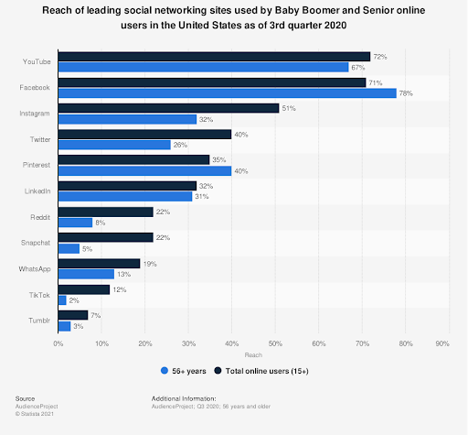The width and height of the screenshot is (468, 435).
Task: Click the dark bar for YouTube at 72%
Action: point(214,57)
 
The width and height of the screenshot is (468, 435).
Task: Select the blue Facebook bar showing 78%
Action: point(227,92)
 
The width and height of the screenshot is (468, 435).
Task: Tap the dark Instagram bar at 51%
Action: point(168,108)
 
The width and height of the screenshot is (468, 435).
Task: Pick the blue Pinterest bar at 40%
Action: point(144,170)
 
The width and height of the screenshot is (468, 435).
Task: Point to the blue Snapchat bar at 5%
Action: point(69,247)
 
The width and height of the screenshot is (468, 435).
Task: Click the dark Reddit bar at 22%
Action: point(105,212)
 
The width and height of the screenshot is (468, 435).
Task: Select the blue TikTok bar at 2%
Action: point(61,299)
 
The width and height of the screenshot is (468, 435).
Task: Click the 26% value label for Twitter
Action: point(180,145)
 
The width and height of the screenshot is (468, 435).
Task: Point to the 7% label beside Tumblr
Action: point(95,314)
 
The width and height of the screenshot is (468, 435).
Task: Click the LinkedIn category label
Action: point(37,190)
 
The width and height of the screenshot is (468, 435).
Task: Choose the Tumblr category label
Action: point(39,320)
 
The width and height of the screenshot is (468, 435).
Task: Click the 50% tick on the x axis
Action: point(275,344)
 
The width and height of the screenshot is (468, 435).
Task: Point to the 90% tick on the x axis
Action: point(442,344)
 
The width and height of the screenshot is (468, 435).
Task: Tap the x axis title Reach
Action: point(251,354)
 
